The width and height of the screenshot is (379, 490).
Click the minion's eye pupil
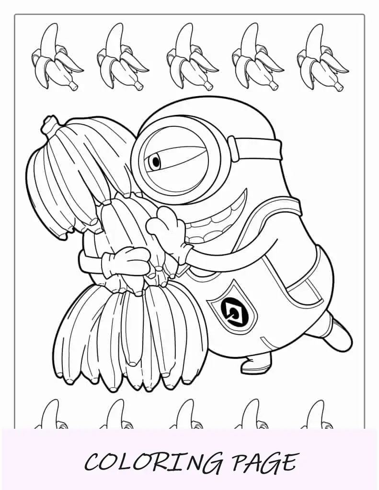[x=156, y=162]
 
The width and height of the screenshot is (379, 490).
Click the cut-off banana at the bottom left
[x=50, y=414]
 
